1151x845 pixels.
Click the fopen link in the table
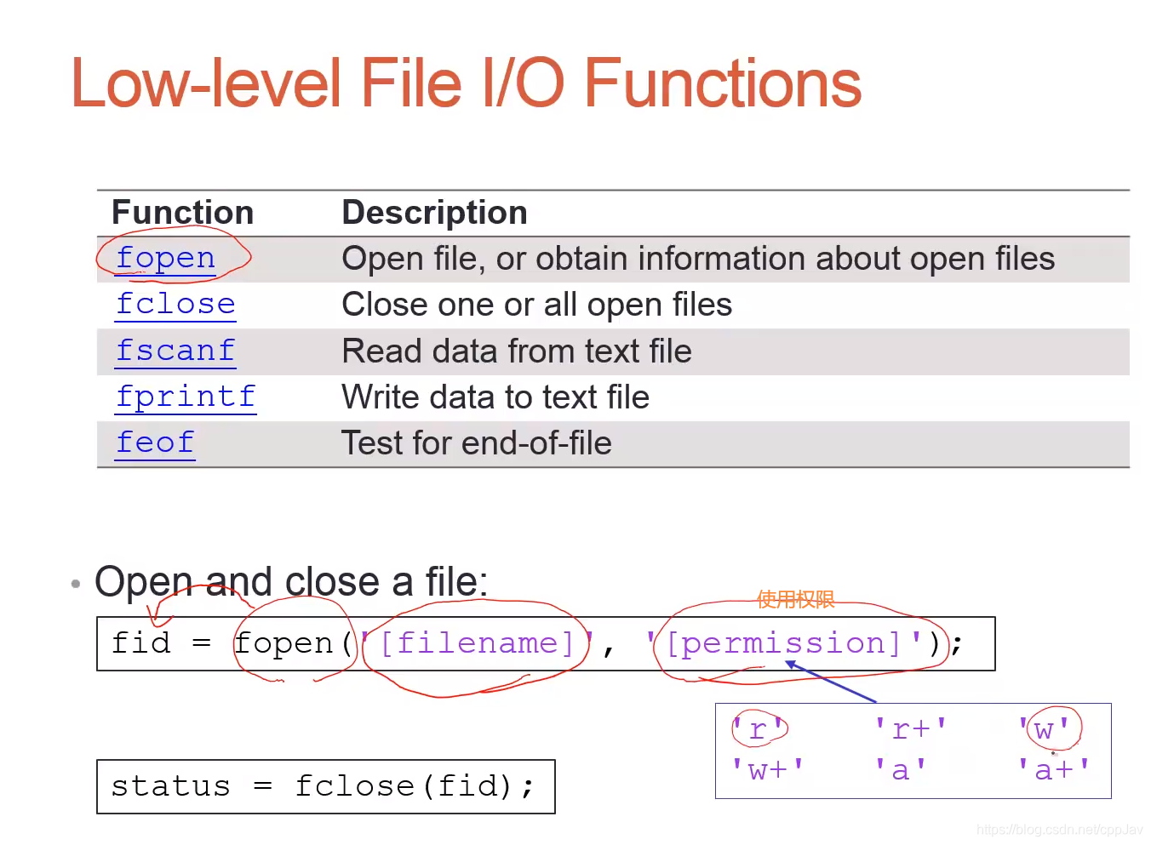165,258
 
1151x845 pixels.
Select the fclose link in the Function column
175,304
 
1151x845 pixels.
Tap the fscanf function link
175,351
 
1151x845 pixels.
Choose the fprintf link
186,397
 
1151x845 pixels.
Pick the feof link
155,442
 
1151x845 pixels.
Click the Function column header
183,213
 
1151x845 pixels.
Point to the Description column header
434,213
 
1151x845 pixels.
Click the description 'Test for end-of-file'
476,443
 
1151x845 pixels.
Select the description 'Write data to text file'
495,397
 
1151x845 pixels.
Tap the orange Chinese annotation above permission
795,600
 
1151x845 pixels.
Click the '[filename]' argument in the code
477,643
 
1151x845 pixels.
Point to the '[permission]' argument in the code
783,643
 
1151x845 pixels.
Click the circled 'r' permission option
758,729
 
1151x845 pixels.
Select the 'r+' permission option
910,729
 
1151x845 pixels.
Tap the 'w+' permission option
767,770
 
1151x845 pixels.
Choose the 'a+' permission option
1053,770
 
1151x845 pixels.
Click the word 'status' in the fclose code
170,786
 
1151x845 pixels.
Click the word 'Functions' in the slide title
722,83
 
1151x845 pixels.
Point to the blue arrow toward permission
831,682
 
